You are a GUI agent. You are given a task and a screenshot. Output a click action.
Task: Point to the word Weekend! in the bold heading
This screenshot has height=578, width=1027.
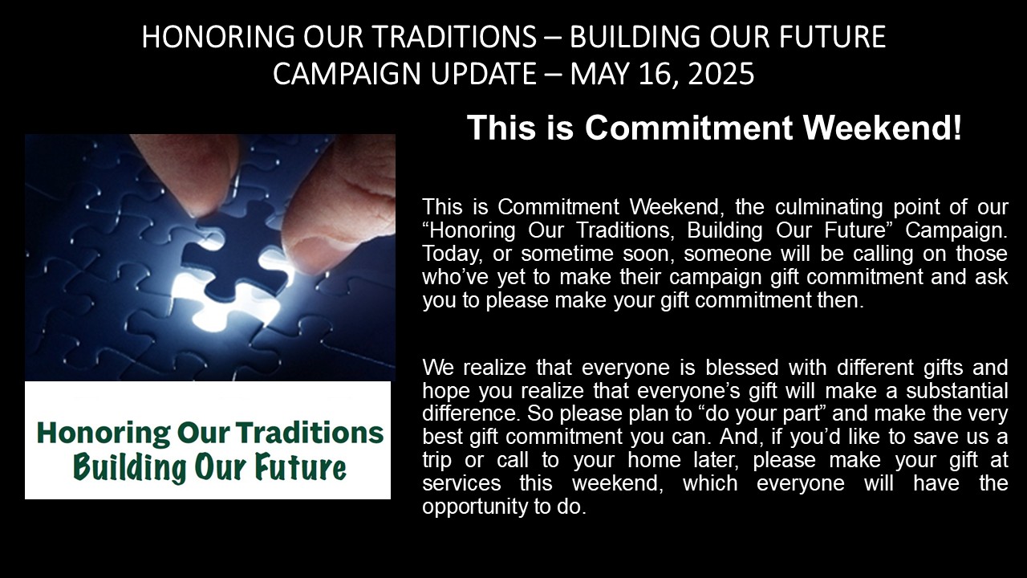(x=883, y=128)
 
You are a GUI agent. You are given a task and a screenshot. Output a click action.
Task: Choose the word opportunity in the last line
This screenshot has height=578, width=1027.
(x=474, y=507)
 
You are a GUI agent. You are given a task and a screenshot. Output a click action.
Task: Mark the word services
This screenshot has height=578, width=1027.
(x=461, y=483)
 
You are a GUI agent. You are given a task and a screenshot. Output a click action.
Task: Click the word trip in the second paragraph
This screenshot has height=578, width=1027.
(x=438, y=460)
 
